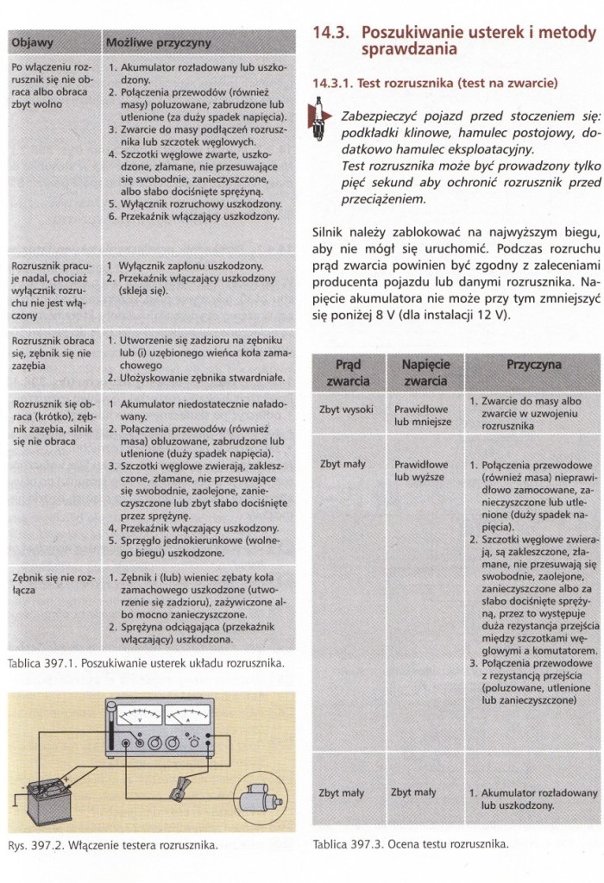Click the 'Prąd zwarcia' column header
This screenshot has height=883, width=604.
[348, 373]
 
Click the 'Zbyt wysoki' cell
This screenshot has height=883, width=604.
[345, 410]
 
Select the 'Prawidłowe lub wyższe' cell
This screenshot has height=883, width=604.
[421, 470]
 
